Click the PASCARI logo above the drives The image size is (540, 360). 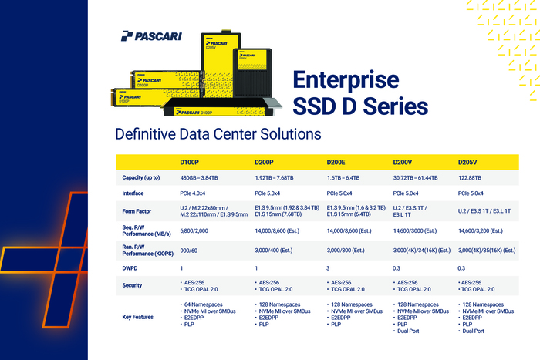coord(151,36)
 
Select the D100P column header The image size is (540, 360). coord(189,162)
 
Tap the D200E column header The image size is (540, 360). coord(336,162)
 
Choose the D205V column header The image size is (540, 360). coord(467,162)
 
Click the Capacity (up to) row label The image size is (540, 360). coord(141,177)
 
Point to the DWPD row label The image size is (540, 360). coord(130,268)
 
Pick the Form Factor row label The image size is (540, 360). coord(137,211)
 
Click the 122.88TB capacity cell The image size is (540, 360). coord(469,178)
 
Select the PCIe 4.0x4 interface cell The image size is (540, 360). coord(192,193)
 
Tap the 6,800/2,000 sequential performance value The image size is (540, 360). coord(194,230)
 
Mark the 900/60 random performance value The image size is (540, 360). coord(188,251)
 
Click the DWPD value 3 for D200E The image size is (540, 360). coord(328,268)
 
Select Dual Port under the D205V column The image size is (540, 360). coord(471,331)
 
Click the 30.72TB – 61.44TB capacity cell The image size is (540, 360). coord(415,178)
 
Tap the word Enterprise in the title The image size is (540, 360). coord(346,80)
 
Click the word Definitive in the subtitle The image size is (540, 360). coord(145,134)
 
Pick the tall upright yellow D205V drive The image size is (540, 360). coord(221,64)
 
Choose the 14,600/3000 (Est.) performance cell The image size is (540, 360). coord(415,230)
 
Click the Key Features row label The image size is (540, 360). coord(137,317)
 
